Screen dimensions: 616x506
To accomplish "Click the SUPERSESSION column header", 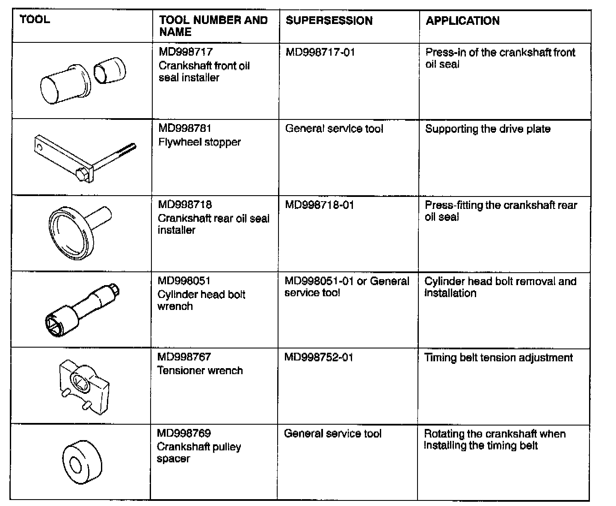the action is coord(329,21).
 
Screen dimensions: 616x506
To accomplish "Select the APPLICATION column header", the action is coord(462,21).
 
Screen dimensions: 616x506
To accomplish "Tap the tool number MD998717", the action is coord(185,52).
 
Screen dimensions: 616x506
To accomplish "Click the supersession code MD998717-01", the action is coord(320,53).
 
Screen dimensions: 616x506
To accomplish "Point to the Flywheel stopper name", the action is coord(199,142).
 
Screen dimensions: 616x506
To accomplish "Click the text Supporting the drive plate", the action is coord(488,129).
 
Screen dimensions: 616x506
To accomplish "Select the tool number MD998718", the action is coord(185,205).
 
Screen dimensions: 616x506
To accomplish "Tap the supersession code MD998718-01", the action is coord(320,205).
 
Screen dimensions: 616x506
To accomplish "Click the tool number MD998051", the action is coord(184,281).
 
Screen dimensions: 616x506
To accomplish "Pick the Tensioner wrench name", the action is coord(200,371).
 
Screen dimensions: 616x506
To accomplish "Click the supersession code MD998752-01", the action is coord(319,357).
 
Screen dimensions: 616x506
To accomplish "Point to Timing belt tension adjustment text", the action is coord(498,358).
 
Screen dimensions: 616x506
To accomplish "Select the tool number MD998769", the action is coord(184,433).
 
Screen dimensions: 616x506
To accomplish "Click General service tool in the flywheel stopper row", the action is coord(334,129).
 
